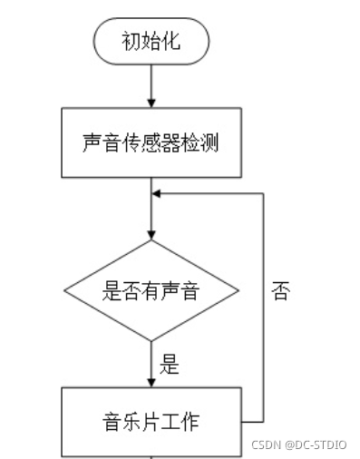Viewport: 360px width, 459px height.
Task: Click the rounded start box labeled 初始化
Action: tap(151, 41)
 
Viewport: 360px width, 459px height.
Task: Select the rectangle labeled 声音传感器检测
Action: tap(151, 143)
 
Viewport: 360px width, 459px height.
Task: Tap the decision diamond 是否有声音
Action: tap(151, 290)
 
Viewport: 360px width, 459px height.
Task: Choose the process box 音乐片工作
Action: tap(151, 421)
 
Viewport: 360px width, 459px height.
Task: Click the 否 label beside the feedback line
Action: tap(281, 293)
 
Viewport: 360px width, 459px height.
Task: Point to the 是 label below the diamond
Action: tap(170, 366)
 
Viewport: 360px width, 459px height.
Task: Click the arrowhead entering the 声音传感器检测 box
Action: tap(151, 103)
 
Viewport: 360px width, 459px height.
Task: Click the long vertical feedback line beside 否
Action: tap(264, 308)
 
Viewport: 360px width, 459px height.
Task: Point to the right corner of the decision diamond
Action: tap(238, 290)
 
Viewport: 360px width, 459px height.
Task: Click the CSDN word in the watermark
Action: tap(264, 446)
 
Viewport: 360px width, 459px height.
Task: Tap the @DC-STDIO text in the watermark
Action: tap(317, 446)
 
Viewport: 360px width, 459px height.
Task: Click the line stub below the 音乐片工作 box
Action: tap(151, 455)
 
